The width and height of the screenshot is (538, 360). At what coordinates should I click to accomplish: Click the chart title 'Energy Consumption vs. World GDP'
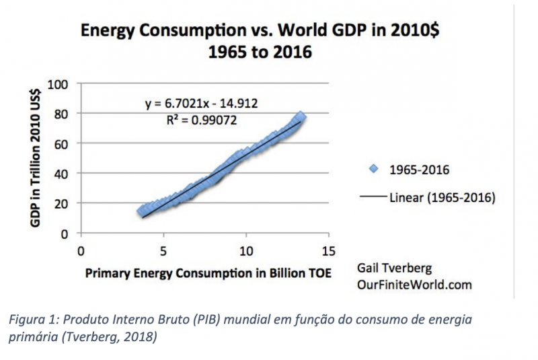coord(196,31)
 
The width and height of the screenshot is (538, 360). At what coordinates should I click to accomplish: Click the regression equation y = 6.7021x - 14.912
coord(202,104)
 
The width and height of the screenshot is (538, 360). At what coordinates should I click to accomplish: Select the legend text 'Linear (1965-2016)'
coord(442,198)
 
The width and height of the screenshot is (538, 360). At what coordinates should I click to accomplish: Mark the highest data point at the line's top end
coord(301,118)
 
